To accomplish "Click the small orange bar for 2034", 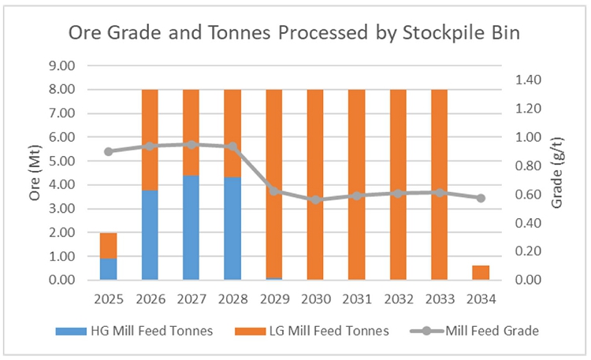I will (481, 273).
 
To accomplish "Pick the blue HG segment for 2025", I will (109, 269).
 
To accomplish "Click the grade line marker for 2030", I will (315, 199).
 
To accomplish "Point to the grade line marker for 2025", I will (109, 151).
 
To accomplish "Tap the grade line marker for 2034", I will (481, 198).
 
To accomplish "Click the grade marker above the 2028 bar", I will (232, 147).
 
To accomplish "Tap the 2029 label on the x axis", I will (273, 301).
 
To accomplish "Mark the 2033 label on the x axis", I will (439, 301).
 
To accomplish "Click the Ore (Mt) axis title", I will (35, 173).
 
